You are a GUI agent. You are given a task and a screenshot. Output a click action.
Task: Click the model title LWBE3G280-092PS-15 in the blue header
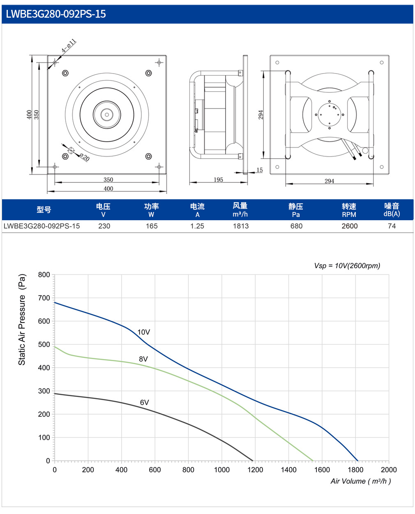[x=56, y=14]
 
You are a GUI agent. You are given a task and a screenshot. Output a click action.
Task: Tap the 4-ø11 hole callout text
[x=69, y=46]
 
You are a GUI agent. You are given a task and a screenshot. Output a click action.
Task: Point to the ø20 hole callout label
[x=85, y=157]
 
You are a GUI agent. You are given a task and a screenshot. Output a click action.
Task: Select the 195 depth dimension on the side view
[x=218, y=180]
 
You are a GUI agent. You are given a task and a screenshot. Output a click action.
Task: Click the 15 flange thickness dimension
[x=259, y=170]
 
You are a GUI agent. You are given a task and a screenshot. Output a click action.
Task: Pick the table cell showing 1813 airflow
[x=240, y=226]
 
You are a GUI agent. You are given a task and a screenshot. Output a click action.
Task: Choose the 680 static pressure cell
[x=296, y=226]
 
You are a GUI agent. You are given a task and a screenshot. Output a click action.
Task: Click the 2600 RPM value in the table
[x=349, y=226]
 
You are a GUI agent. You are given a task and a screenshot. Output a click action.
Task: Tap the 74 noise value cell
[x=392, y=226]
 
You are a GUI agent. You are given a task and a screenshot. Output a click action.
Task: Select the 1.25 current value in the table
[x=197, y=226]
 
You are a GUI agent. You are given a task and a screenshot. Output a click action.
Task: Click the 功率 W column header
[x=151, y=210]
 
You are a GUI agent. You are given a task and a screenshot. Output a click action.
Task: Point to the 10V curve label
[x=143, y=332]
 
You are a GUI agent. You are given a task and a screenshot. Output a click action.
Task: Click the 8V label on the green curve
[x=143, y=359]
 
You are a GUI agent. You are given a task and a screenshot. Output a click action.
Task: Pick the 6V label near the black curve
[x=144, y=402]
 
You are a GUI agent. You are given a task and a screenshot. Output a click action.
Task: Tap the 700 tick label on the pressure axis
[x=44, y=298]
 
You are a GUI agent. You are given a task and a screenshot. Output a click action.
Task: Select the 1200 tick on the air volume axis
[x=255, y=470]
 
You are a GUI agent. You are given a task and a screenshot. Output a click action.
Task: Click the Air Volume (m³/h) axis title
[x=360, y=481]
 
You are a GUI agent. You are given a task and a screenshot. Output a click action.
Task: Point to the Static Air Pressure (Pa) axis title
[x=22, y=319]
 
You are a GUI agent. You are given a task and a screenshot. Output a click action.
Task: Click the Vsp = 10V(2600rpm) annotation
[x=347, y=266]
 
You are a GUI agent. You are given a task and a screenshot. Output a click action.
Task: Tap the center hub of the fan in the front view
[x=107, y=115]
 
